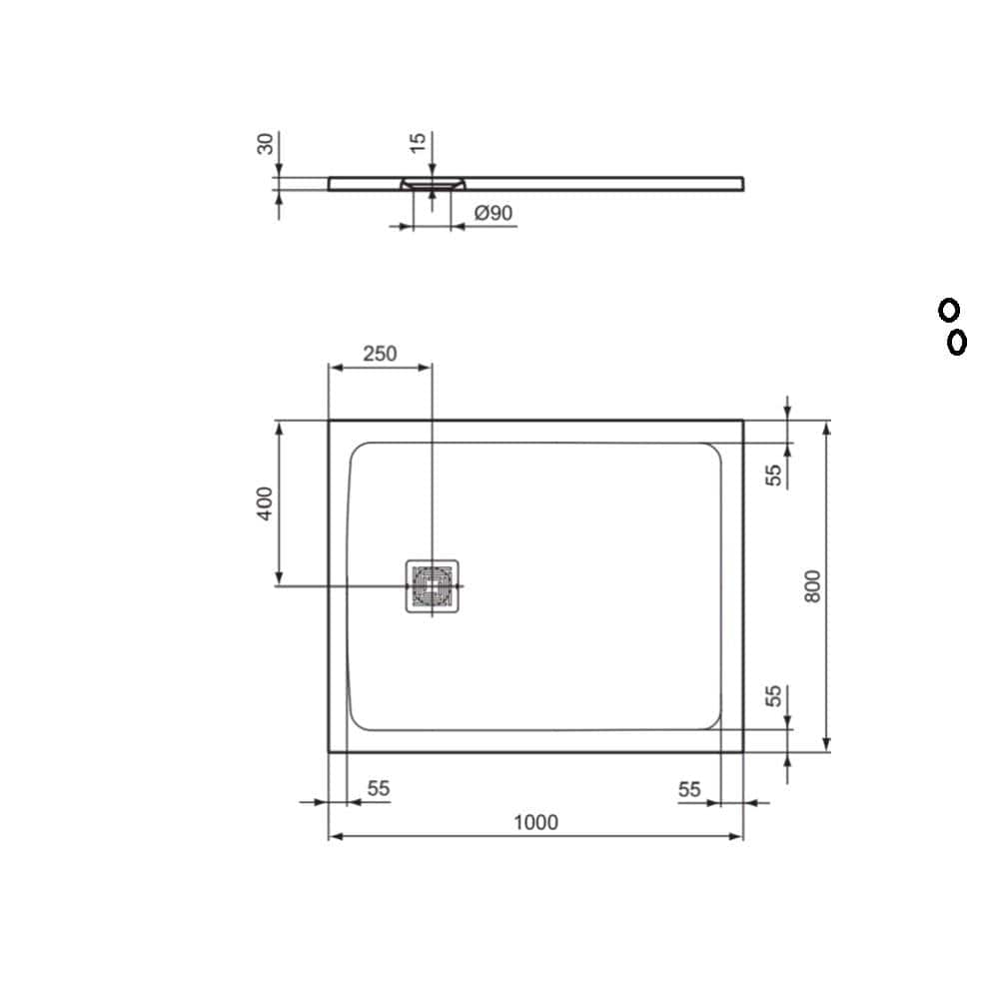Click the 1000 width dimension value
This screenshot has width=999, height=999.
tap(535, 822)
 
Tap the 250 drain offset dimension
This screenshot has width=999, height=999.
tap(380, 354)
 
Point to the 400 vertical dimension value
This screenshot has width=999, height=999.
tap(264, 502)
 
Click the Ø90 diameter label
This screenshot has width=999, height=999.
tap(494, 213)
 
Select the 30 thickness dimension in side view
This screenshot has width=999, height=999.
tap(266, 143)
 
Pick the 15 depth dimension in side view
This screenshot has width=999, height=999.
tap(419, 140)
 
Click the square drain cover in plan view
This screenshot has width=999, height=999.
tap(433, 586)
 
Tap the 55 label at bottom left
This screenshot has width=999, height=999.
tap(378, 788)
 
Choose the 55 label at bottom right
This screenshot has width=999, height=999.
tap(689, 788)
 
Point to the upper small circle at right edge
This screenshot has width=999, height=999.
tap(948, 310)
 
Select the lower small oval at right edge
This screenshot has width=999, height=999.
tap(956, 343)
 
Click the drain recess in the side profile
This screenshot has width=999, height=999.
tap(433, 184)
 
